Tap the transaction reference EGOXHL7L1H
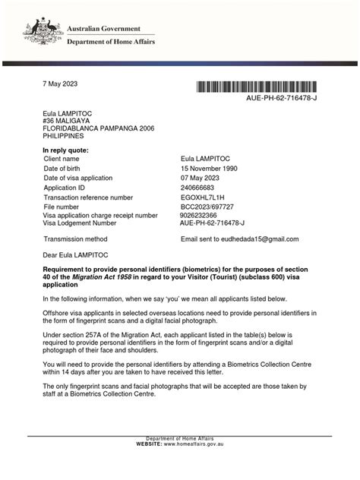pos(207,196)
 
